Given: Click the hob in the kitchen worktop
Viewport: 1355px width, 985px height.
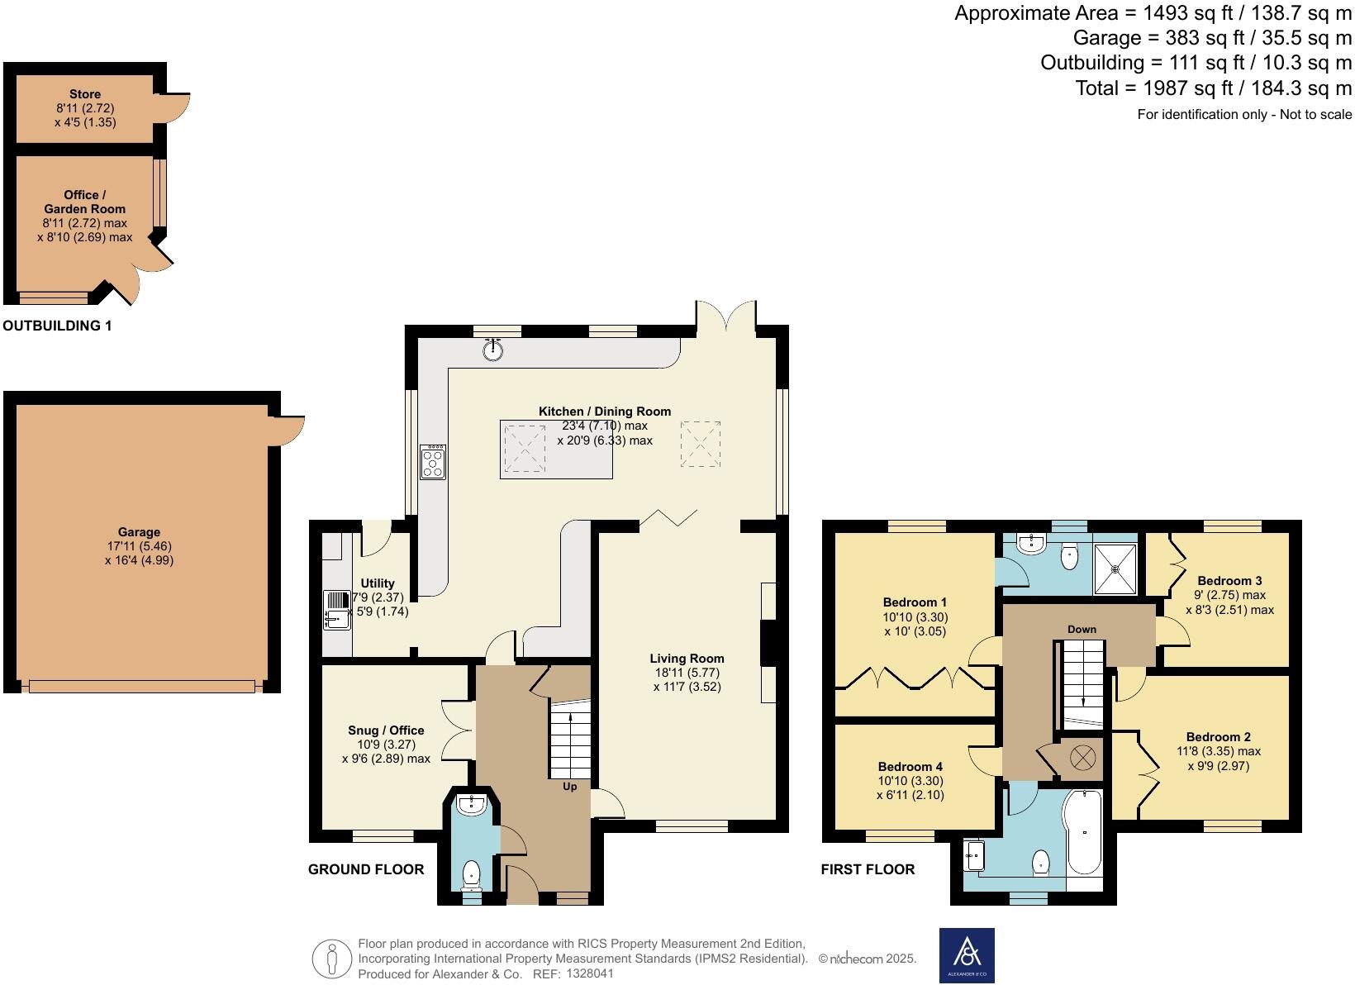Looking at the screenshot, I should click(x=433, y=462).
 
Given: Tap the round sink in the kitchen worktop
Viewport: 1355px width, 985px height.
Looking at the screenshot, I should click(x=493, y=350).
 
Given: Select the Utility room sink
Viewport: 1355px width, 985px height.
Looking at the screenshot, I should click(x=337, y=610).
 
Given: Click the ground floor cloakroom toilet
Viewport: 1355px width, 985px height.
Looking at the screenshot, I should click(x=471, y=873).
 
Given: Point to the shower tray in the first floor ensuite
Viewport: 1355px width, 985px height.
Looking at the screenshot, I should click(x=1115, y=569).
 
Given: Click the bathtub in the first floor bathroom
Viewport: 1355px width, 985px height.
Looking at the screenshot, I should click(x=1085, y=832).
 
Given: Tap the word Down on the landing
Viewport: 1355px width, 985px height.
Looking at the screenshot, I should click(x=1082, y=630).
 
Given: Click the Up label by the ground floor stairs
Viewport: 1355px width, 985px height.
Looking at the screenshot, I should click(x=570, y=787).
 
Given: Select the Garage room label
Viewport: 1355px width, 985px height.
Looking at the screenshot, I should click(x=139, y=532).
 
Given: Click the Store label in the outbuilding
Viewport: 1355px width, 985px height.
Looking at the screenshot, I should click(x=85, y=94).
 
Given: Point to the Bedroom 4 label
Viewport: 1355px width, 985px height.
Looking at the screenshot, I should click(x=910, y=767).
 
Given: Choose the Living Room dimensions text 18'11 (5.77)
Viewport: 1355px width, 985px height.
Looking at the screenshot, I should click(x=686, y=673).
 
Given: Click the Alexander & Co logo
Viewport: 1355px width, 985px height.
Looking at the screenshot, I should click(x=967, y=955).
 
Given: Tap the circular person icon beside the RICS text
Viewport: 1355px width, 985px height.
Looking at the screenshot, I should click(x=332, y=959).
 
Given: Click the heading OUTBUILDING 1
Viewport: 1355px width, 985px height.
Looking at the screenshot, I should click(x=57, y=326).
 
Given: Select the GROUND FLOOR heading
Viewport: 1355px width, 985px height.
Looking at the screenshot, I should click(x=366, y=869).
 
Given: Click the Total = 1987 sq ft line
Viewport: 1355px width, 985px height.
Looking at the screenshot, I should click(x=1213, y=88).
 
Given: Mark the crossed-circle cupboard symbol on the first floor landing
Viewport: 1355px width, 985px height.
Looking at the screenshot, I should click(x=1082, y=757).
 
